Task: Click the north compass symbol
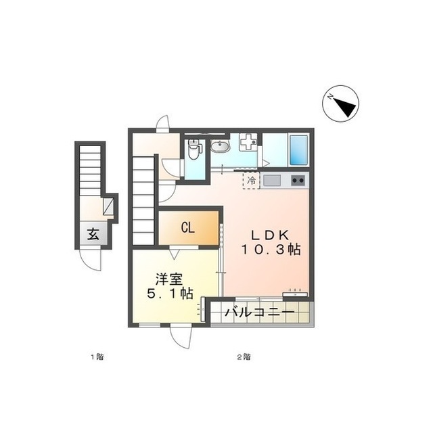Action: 340,104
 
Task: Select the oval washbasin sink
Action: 220,146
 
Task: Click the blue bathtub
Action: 298,150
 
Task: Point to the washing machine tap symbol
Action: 248,141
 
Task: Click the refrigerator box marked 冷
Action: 251,181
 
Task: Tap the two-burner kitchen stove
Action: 298,181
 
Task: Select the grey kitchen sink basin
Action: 272,181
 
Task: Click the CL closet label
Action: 188,228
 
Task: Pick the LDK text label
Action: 270,235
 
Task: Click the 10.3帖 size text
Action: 271,250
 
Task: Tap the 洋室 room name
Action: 169,279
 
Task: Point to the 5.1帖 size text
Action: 170,294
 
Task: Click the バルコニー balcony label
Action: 259,313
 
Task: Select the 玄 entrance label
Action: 93,235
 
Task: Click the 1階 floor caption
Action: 97,357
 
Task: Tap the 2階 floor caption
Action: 244,357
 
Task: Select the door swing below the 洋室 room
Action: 181,338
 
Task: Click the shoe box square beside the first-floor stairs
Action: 108,206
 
